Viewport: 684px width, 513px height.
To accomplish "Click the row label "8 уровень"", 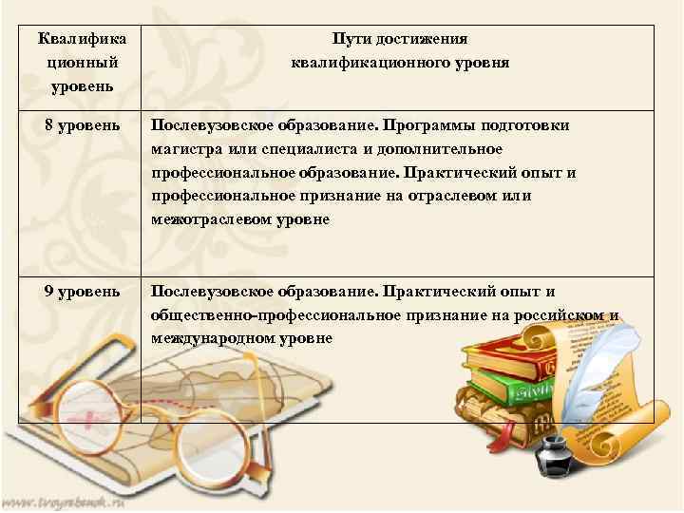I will coord(80,126).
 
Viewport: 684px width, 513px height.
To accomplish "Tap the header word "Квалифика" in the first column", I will coord(80,40).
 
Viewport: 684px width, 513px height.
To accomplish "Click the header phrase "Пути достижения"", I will coord(399,40).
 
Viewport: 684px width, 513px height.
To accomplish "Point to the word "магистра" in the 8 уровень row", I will coord(180,149).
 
